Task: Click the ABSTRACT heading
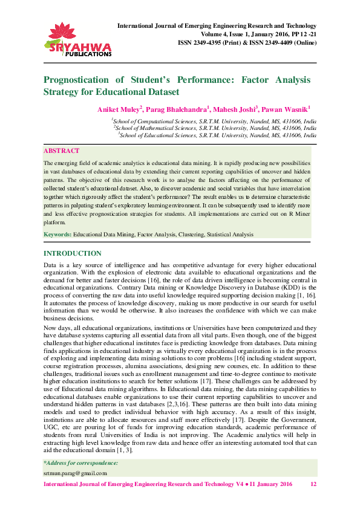pyautogui.click(x=61, y=151)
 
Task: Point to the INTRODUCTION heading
pyautogui.click(x=73, y=253)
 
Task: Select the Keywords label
pyautogui.click(x=57, y=233)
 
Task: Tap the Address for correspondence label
pyautogui.click(x=80, y=463)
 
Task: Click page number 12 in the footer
pyautogui.click(x=313, y=485)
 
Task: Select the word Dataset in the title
pyautogui.click(x=162, y=92)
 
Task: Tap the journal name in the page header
pyautogui.click(x=216, y=27)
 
